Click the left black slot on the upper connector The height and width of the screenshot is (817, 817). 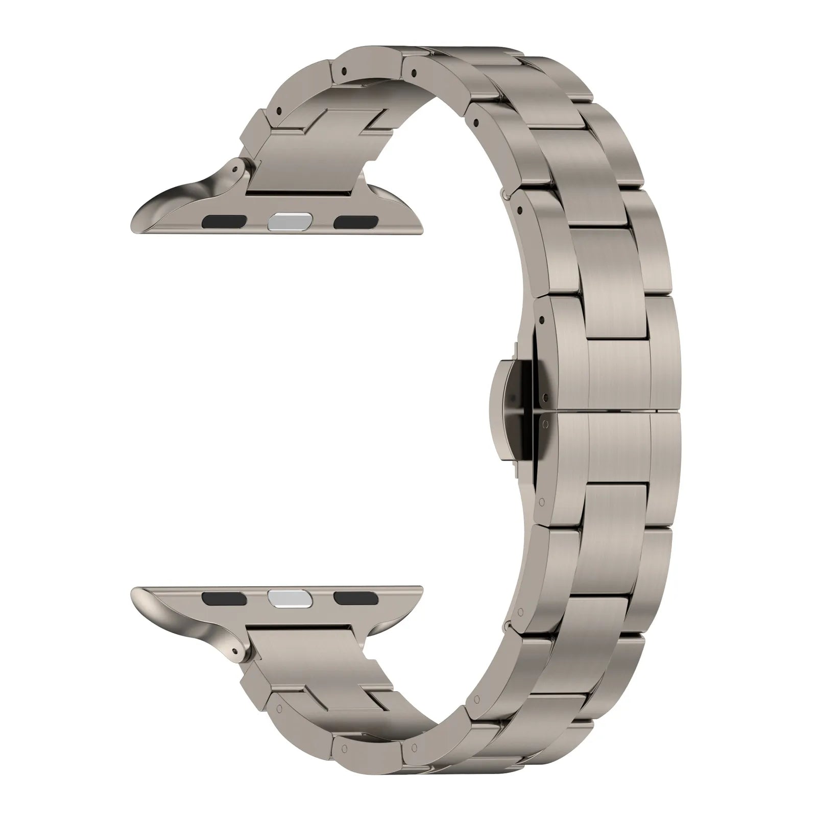click(225, 222)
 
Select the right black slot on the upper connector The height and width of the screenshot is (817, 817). click(356, 222)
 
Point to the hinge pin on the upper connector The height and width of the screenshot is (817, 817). click(236, 166)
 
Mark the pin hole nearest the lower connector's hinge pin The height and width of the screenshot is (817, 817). click(280, 708)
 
